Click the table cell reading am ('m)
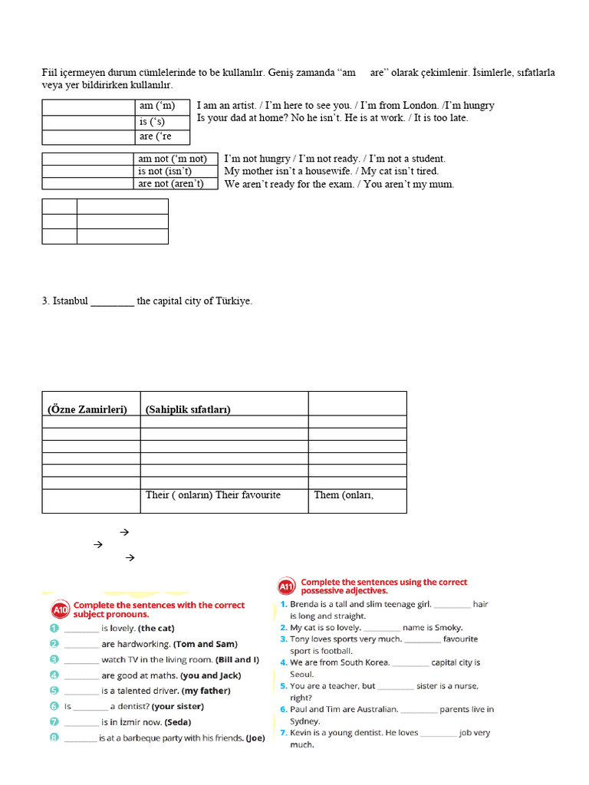(x=162, y=106)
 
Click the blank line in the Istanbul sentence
(x=112, y=302)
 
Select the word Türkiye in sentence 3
(x=233, y=301)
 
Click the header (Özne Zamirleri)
(x=87, y=409)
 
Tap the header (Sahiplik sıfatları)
(x=188, y=409)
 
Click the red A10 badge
(x=61, y=610)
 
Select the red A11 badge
(x=287, y=587)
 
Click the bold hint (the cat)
(x=156, y=629)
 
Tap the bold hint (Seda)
(x=176, y=722)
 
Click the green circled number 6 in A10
(x=54, y=706)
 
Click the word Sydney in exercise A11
(x=305, y=721)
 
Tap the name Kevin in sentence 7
(x=304, y=733)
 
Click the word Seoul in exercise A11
(x=302, y=674)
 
